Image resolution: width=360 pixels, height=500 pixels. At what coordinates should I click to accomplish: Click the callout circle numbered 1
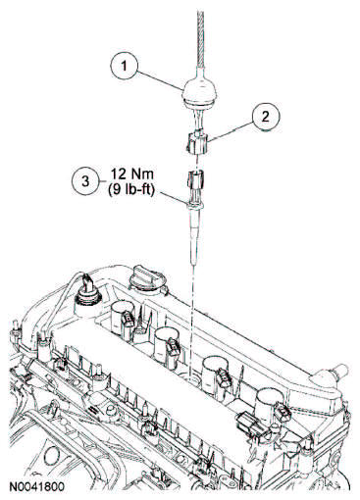(124, 67)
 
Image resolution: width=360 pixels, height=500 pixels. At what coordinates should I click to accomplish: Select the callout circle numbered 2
(265, 117)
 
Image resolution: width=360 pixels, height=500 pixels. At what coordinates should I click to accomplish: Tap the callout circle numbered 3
(85, 181)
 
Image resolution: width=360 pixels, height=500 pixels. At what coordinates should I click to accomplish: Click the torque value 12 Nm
(130, 174)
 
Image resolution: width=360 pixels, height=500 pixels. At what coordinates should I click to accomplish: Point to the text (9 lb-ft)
(130, 190)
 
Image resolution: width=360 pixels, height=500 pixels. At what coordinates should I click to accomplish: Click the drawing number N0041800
(36, 487)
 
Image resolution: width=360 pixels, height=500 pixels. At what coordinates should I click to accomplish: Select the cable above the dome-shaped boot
(200, 39)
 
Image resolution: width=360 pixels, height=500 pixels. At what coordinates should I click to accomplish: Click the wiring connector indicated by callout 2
(196, 142)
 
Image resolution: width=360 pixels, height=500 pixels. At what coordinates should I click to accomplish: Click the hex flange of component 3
(194, 205)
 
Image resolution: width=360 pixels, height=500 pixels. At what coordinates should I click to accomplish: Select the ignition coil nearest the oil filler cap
(124, 317)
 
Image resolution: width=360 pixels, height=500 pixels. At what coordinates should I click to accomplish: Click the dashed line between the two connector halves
(196, 163)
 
